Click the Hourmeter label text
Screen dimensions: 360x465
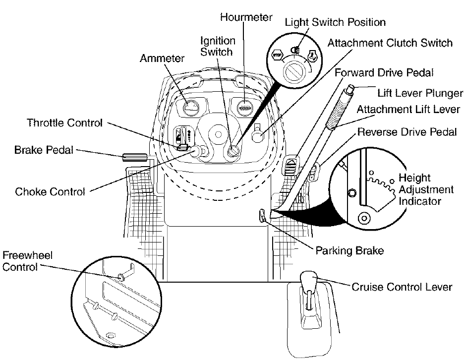point(246,17)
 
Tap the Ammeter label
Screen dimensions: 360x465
point(162,58)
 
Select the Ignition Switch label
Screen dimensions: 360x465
point(218,46)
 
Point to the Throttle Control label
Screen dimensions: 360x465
point(65,122)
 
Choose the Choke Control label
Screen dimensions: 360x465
point(51,191)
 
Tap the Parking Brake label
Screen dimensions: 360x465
point(349,250)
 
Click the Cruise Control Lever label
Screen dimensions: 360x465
point(402,287)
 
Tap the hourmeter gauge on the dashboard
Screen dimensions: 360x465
point(244,107)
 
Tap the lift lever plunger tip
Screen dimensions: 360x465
point(350,89)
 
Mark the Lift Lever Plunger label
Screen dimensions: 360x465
point(419,93)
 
